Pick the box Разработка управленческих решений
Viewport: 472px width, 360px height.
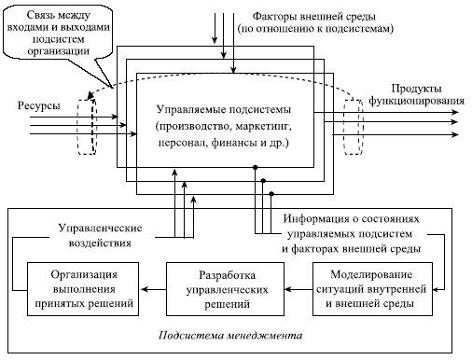[x=225, y=287]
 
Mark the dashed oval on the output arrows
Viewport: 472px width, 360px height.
[x=352, y=122]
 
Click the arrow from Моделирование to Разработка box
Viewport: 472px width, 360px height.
[x=298, y=287]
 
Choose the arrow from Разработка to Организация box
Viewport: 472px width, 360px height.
[x=153, y=287]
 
